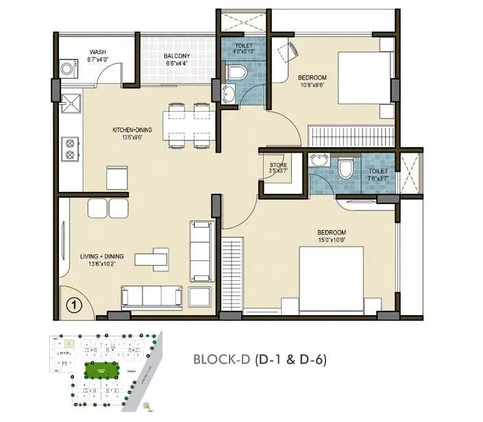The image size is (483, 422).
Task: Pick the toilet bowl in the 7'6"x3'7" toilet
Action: point(345,168)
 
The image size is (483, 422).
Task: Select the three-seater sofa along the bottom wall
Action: point(151,295)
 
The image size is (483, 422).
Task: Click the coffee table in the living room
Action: point(152,258)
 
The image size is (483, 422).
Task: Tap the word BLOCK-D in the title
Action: point(220,358)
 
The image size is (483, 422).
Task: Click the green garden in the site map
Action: point(99,371)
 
